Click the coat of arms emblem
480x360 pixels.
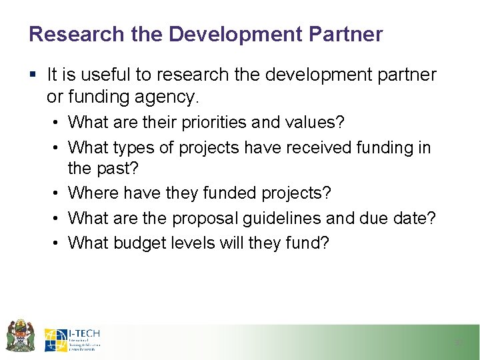coord(19,335)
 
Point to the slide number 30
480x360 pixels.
coord(457,343)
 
